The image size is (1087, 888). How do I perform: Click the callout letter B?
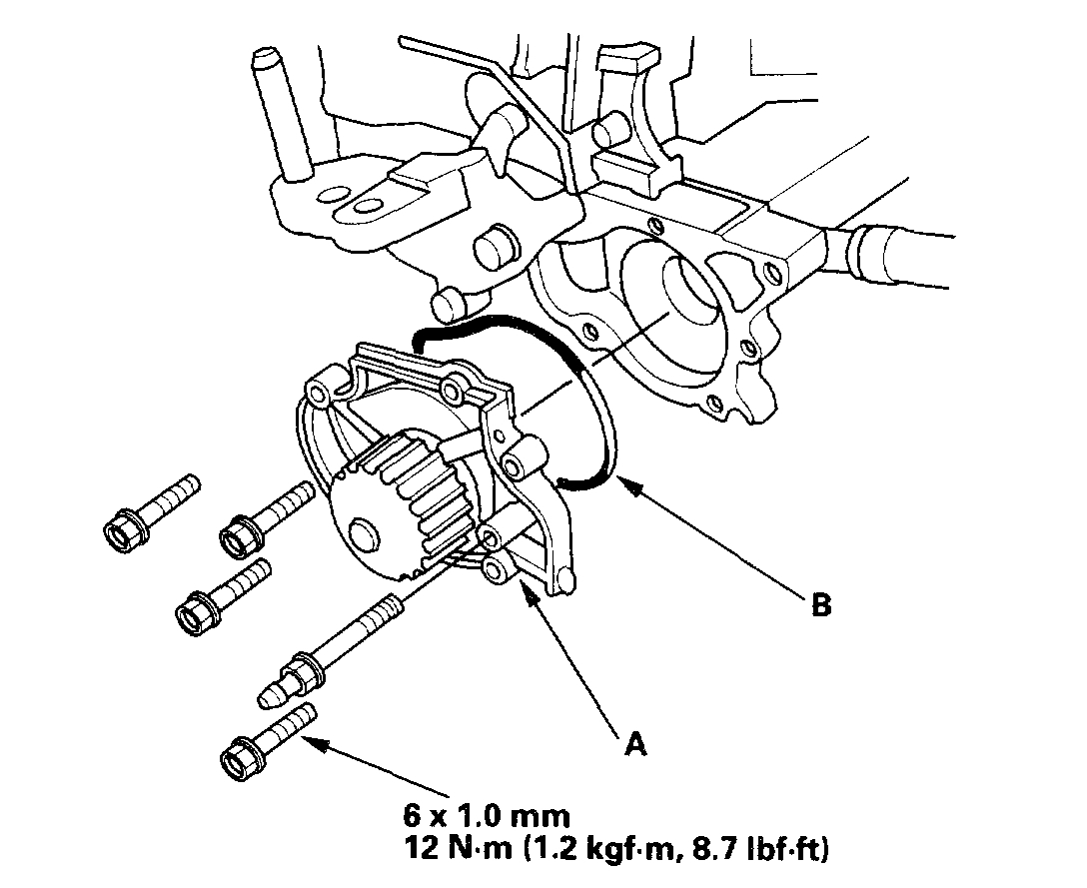click(821, 605)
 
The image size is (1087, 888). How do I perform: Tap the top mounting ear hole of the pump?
click(457, 380)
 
